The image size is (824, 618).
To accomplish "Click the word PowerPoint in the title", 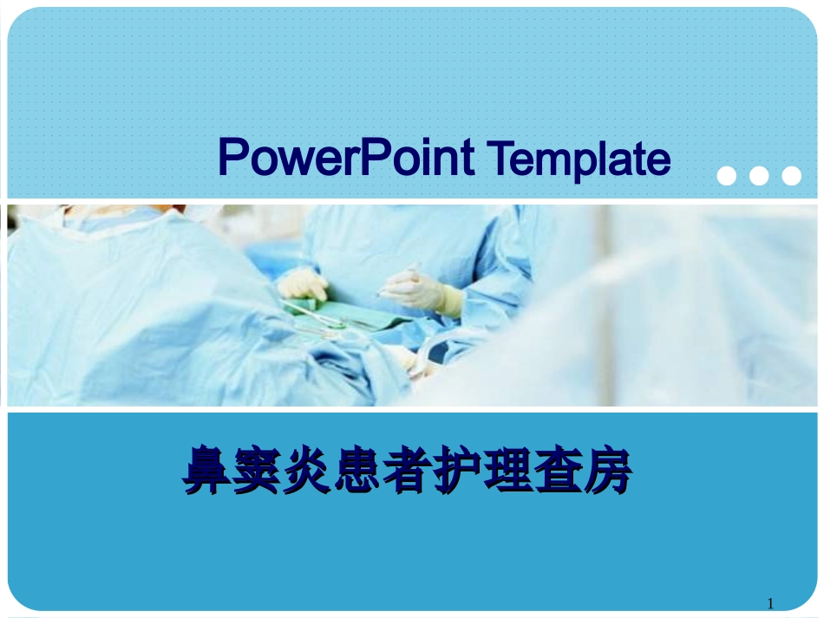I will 345,159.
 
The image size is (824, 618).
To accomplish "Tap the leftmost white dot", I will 727,176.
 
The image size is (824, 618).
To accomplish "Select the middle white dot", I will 759,176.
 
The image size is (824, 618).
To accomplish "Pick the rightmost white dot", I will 791,176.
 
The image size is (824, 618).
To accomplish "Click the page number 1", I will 770,604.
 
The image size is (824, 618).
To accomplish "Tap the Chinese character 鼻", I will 206,471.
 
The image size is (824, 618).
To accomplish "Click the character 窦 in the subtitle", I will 258,471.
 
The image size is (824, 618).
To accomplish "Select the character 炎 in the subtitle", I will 307,471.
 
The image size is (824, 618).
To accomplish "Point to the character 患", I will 357,471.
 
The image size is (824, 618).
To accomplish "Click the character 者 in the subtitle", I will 407,471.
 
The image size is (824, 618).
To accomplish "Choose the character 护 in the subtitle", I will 457,471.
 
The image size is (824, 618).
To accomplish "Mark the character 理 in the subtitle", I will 507,471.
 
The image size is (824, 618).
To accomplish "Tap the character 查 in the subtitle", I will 557,471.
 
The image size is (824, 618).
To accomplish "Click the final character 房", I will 607,471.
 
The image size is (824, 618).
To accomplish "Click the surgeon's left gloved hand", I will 301,284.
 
